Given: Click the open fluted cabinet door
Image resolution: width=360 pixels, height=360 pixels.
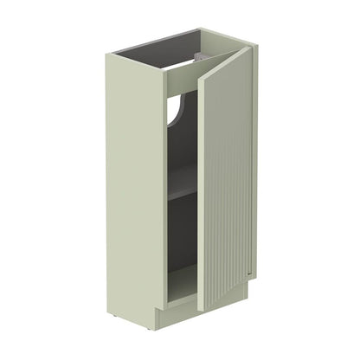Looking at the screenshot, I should [228, 190].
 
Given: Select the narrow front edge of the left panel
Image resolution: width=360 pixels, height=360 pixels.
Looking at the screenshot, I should [161, 190].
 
